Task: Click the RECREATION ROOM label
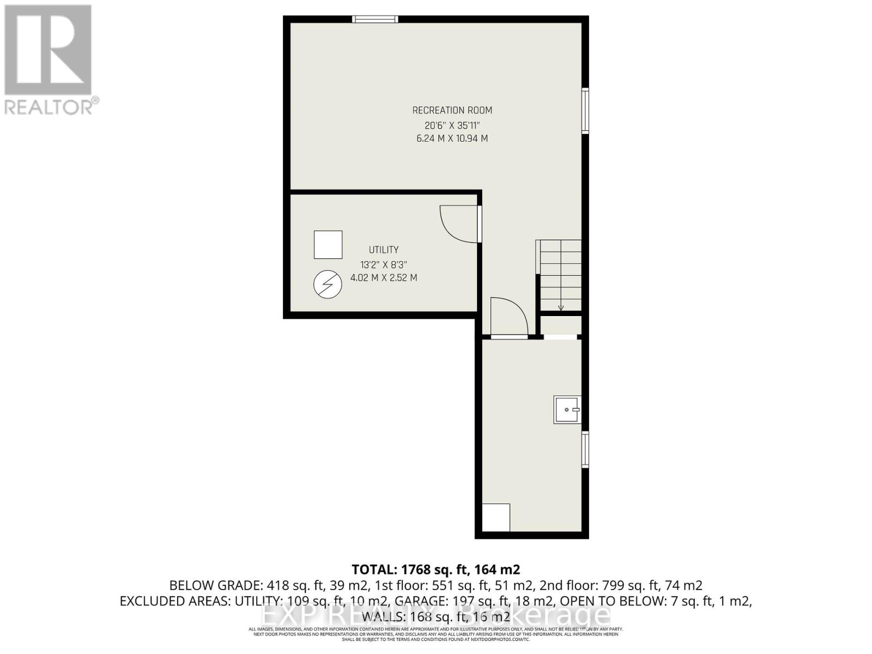click(452, 110)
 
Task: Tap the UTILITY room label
click(384, 250)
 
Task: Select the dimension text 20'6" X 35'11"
click(452, 125)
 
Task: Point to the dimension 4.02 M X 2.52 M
click(384, 277)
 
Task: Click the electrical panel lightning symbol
click(328, 284)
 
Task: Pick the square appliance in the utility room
click(328, 245)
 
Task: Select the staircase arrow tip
click(561, 308)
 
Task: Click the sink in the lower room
click(567, 409)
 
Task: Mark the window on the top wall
click(375, 19)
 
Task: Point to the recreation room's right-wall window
click(585, 111)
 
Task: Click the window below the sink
click(585, 449)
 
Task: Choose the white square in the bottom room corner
click(496, 517)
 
